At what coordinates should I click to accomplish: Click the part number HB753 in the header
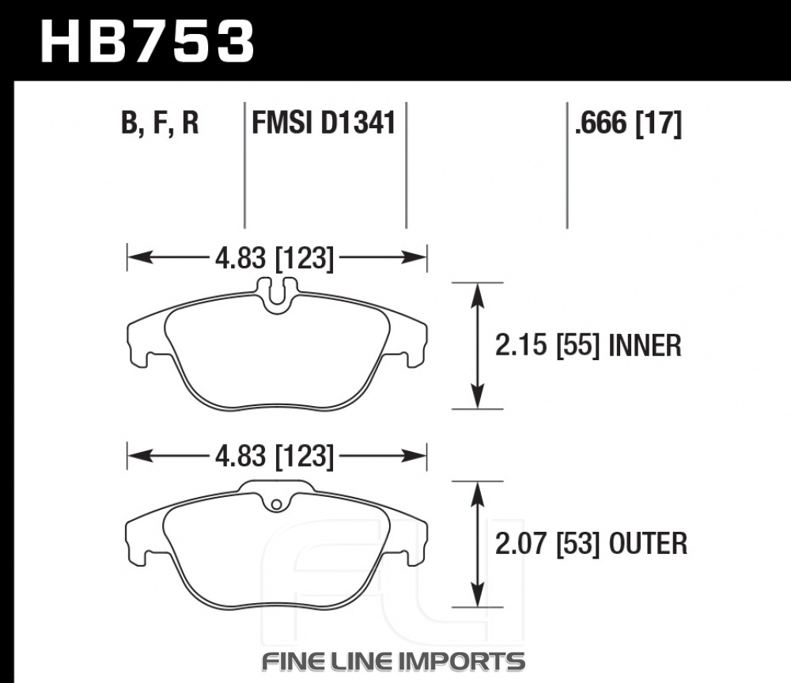(x=147, y=41)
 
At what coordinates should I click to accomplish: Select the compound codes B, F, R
(x=160, y=123)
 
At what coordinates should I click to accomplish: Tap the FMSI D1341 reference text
(x=324, y=123)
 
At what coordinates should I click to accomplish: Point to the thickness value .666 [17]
(x=628, y=123)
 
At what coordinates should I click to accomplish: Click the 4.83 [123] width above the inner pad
(x=274, y=259)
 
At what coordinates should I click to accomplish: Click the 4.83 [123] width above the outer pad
(x=274, y=457)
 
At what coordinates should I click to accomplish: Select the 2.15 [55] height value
(x=547, y=346)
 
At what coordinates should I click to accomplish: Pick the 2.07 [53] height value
(x=547, y=545)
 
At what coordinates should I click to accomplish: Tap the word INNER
(x=645, y=346)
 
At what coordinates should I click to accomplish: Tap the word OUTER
(x=649, y=545)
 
